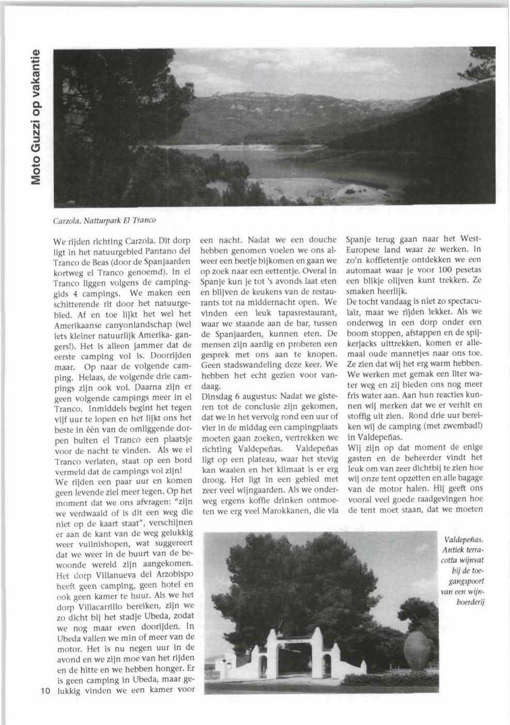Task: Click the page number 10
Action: [x=43, y=691]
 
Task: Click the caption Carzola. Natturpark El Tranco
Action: [x=104, y=220]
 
